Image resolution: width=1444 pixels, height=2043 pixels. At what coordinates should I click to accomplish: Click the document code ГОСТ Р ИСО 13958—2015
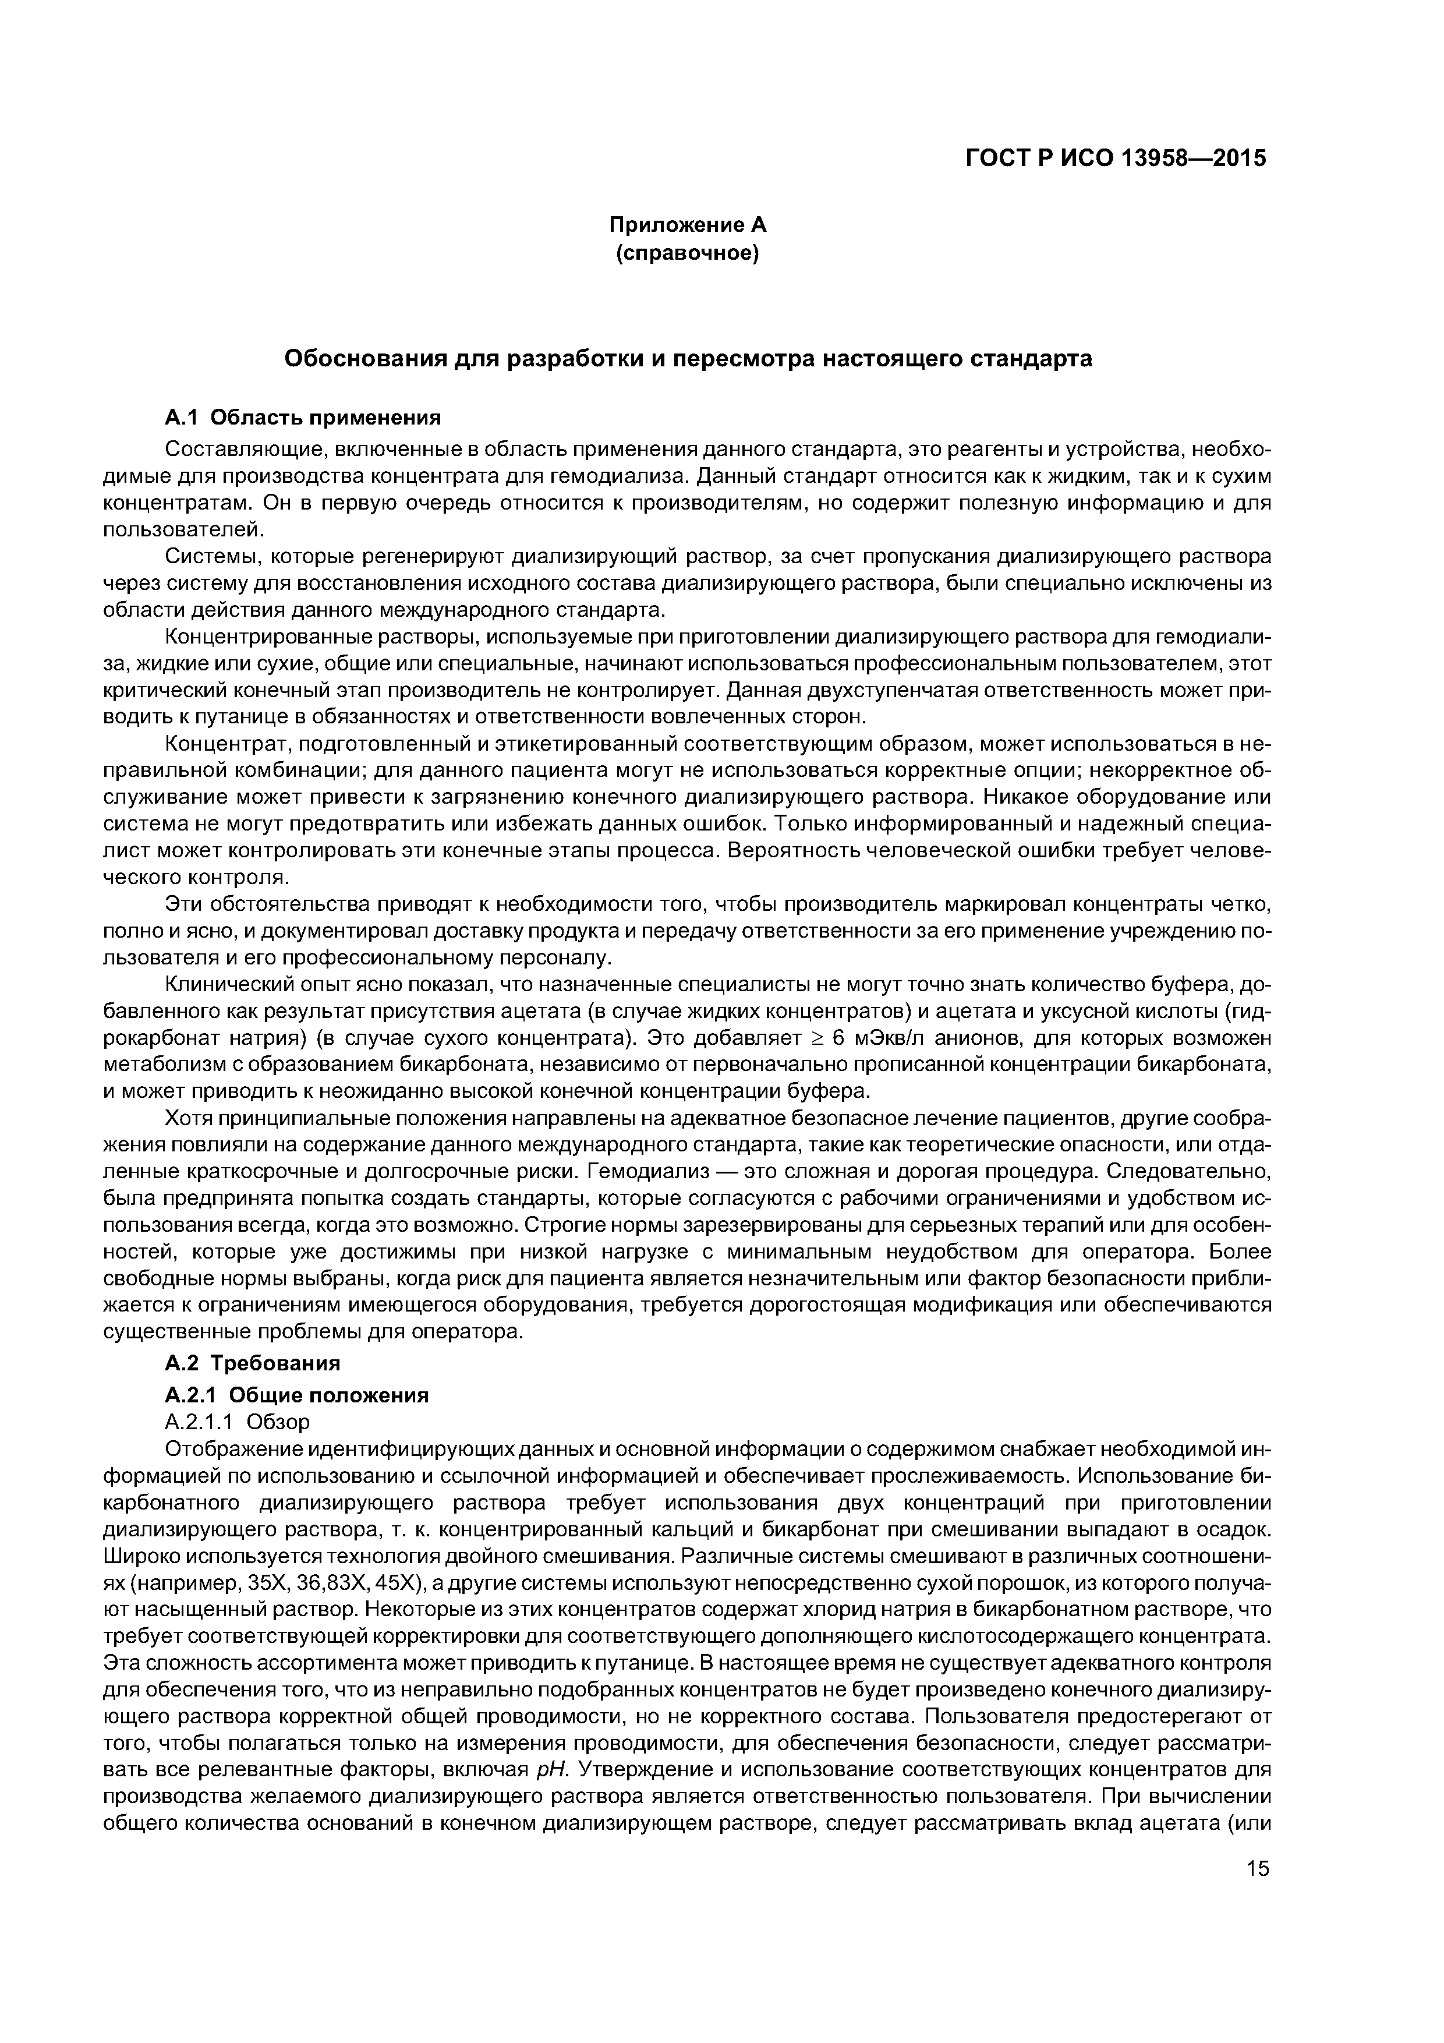(1115, 158)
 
